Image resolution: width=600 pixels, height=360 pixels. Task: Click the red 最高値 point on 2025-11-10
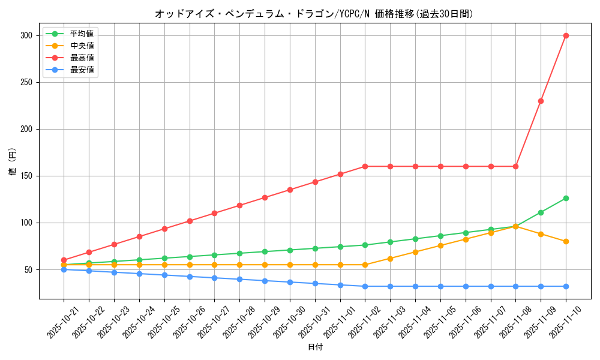(x=566, y=35)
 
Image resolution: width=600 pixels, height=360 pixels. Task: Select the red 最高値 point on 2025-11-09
(x=541, y=101)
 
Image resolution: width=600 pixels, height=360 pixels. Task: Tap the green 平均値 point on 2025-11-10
(x=566, y=198)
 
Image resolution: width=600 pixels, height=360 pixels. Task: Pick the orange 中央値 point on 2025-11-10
(x=566, y=241)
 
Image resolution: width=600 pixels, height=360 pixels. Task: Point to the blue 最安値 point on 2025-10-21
(x=64, y=269)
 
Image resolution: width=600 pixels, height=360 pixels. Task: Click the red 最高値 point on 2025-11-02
(x=365, y=166)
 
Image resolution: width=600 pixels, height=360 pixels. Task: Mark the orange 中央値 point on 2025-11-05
(x=440, y=245)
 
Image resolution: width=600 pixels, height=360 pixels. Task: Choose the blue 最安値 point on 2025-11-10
(x=566, y=286)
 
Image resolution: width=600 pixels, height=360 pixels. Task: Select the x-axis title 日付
(x=315, y=347)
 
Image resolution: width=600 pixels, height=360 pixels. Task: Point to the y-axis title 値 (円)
(x=12, y=162)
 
